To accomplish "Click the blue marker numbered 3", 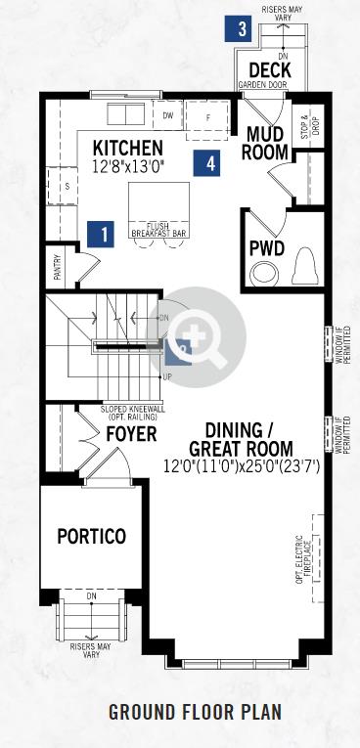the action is pyautogui.click(x=243, y=28).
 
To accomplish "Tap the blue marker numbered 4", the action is pyautogui.click(x=206, y=163).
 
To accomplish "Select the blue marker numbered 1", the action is pyautogui.click(x=101, y=235).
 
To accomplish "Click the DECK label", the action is pyautogui.click(x=270, y=70).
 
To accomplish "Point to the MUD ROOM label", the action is pyautogui.click(x=265, y=143).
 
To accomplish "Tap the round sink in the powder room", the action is pyautogui.click(x=265, y=274).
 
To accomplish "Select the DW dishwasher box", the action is pyautogui.click(x=167, y=115).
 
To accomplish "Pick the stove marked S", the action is pyautogui.click(x=63, y=186).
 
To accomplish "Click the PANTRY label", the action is pyautogui.click(x=58, y=267).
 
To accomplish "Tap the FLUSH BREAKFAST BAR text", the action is pyautogui.click(x=159, y=230).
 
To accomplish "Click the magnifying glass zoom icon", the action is pyautogui.click(x=197, y=336).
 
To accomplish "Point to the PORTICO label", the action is pyautogui.click(x=92, y=536).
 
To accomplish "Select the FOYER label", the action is pyautogui.click(x=131, y=434).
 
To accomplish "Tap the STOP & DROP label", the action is pyautogui.click(x=308, y=128).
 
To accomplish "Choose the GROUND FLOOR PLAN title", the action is pyautogui.click(x=196, y=712).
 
